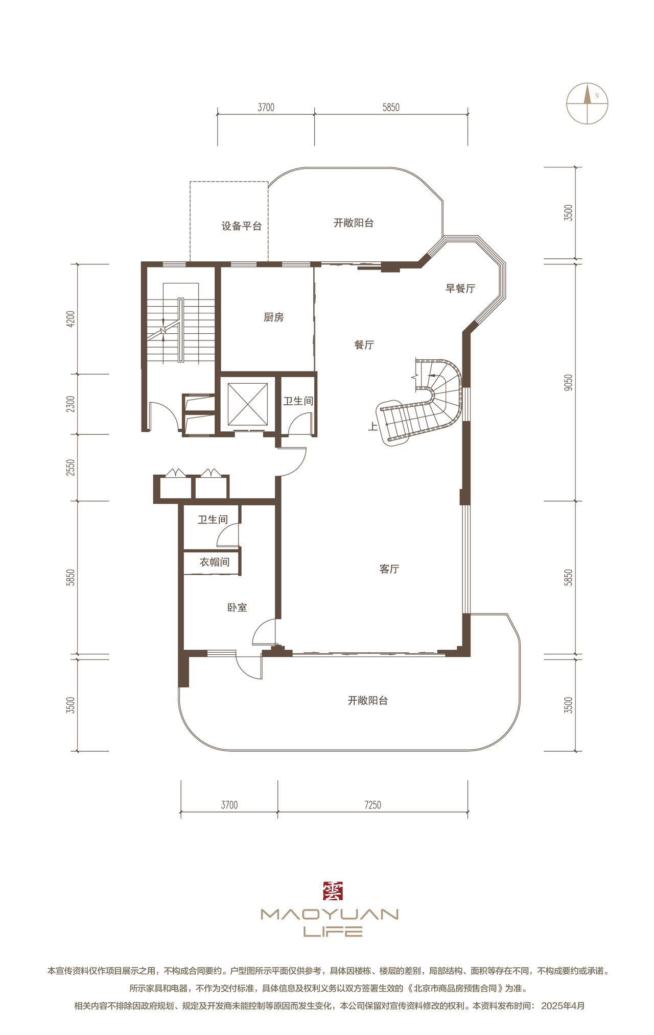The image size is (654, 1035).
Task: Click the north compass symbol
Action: click(x=587, y=103)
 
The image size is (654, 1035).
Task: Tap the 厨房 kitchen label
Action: click(x=273, y=317)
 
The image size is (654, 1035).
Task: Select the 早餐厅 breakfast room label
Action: click(x=460, y=288)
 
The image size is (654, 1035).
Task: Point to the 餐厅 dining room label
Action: click(x=364, y=345)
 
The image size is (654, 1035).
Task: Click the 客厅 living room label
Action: click(x=389, y=569)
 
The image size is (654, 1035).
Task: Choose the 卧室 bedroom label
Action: click(x=237, y=608)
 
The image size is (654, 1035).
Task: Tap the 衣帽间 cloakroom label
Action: click(x=214, y=562)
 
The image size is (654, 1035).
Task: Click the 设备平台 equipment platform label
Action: click(x=241, y=226)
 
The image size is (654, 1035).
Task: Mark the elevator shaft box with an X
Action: click(x=247, y=404)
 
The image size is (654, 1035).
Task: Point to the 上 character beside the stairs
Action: click(x=373, y=427)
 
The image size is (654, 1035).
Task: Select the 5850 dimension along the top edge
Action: click(x=391, y=108)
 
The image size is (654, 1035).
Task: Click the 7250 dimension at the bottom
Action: click(x=372, y=805)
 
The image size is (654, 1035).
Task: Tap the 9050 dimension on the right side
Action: click(x=569, y=383)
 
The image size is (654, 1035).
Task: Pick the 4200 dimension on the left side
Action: click(x=71, y=319)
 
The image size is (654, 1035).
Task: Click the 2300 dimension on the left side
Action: click(x=71, y=404)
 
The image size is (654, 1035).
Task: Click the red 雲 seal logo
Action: click(x=333, y=891)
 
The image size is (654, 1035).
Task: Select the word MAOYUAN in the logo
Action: click(x=330, y=914)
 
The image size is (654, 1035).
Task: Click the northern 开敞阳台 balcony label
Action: click(x=354, y=223)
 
